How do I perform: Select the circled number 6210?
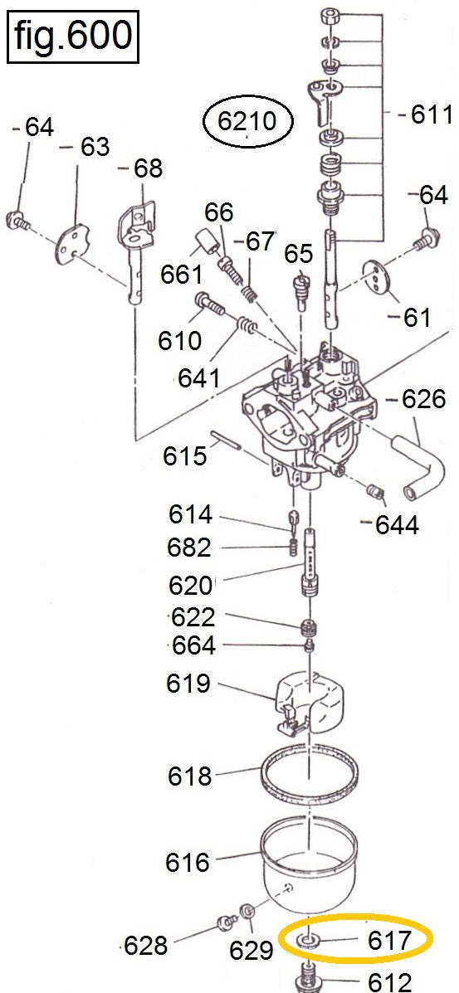247,121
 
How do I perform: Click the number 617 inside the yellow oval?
390,941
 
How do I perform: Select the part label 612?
390,981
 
